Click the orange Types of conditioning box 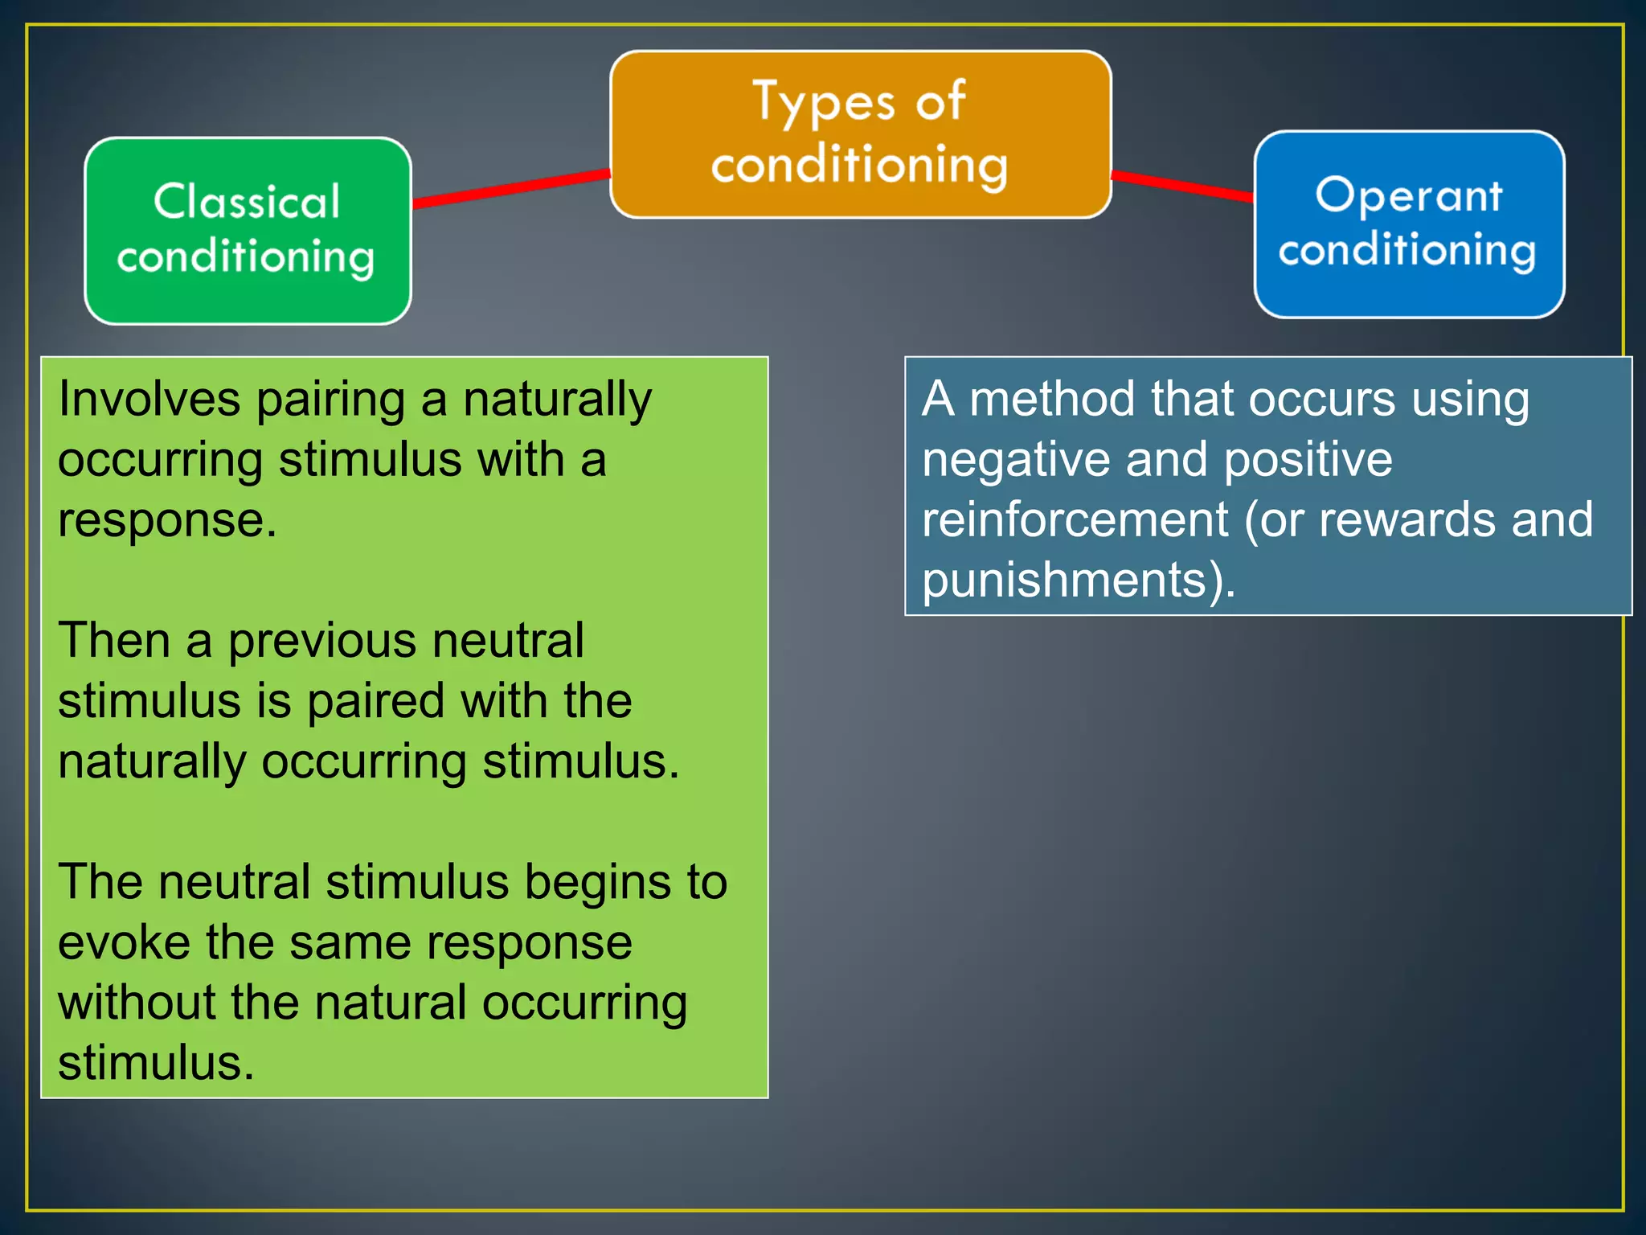[860, 133]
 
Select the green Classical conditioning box [248, 230]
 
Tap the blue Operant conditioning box [1408, 224]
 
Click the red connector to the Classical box [511, 188]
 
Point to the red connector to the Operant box [1181, 185]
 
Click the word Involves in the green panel [149, 400]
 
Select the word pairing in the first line [330, 401]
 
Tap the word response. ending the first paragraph [167, 521]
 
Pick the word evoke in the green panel [124, 942]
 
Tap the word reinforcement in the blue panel [1075, 520]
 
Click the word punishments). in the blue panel [1078, 581]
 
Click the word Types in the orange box [824, 103]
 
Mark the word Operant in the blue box [1408, 195]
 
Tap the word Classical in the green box [248, 201]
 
